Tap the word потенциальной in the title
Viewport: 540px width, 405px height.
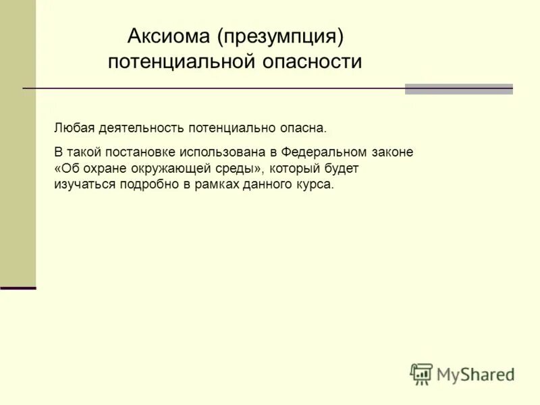(180, 61)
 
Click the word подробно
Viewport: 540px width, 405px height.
(146, 184)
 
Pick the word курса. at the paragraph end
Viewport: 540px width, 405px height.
(316, 184)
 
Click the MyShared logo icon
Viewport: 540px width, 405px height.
(421, 373)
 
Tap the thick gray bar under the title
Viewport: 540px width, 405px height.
(458, 89)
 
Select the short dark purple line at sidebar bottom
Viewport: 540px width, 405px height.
(18, 288)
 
